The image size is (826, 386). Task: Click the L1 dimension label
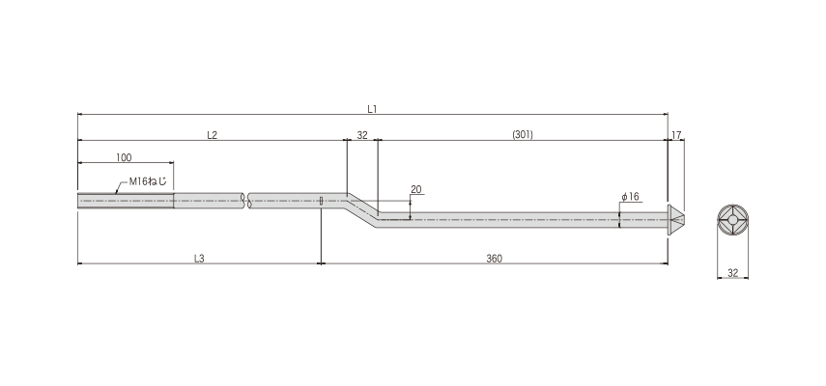click(x=373, y=109)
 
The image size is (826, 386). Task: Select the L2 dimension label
click(x=212, y=135)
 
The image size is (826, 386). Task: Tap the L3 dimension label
click(x=199, y=259)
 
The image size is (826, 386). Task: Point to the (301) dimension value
click(x=523, y=135)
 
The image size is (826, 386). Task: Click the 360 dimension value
click(x=494, y=259)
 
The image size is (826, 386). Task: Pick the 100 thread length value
click(x=124, y=157)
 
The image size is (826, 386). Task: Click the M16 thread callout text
click(x=148, y=182)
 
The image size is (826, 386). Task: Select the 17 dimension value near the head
click(x=676, y=135)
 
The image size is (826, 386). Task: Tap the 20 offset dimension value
click(x=416, y=190)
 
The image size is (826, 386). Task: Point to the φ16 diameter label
click(x=630, y=197)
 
